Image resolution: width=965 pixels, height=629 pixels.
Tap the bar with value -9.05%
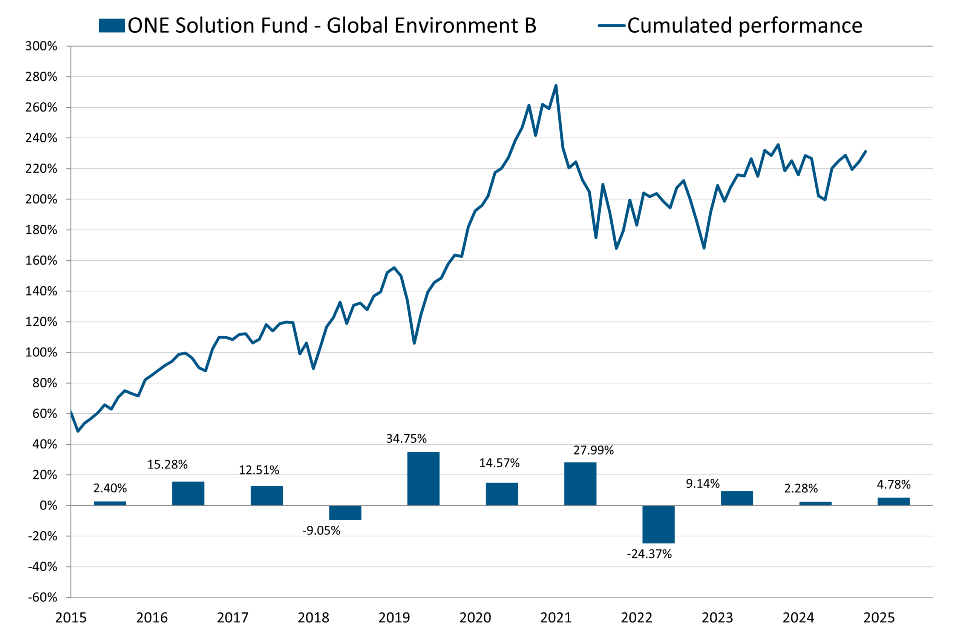click(345, 513)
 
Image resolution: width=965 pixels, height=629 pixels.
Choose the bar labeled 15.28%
click(188, 494)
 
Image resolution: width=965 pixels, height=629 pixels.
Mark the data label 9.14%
click(703, 484)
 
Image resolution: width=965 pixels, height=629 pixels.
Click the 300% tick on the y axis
click(41, 46)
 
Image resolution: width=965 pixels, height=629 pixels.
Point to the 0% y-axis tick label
click(48, 506)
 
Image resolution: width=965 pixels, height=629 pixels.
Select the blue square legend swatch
click(112, 26)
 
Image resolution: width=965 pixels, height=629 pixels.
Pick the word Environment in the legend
click(456, 26)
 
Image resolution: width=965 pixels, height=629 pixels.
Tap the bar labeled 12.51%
click(267, 496)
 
